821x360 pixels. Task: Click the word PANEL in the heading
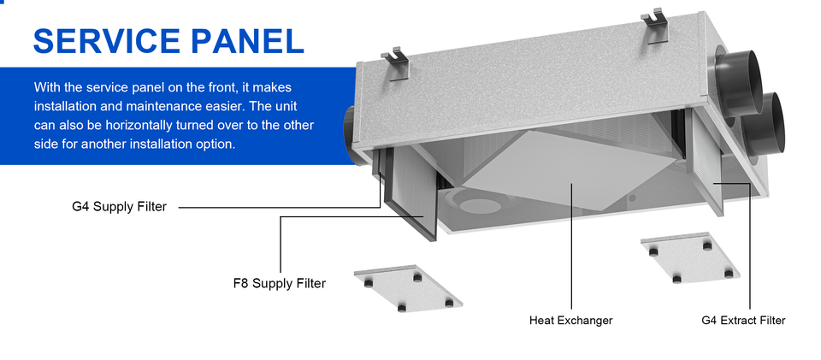coord(248,41)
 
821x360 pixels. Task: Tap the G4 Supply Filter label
coord(120,207)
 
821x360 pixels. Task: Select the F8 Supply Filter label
coord(280,284)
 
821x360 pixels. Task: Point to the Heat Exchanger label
coord(570,320)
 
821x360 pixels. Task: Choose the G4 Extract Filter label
coord(743,320)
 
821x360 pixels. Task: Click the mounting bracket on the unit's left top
coord(395,63)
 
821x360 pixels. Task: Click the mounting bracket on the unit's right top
coord(655,27)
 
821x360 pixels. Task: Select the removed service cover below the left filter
coord(408,288)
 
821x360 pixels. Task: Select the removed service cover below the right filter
coord(691,258)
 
